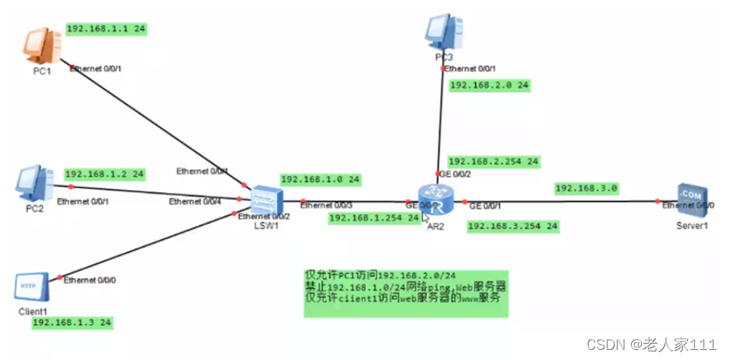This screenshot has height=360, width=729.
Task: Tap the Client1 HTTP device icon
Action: tap(30, 286)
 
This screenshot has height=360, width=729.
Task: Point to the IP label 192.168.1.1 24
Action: tap(106, 29)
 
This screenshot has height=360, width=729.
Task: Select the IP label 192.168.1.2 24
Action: tap(105, 174)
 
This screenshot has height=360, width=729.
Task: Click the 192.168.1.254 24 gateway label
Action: tap(375, 218)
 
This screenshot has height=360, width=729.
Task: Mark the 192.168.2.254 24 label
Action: tap(493, 161)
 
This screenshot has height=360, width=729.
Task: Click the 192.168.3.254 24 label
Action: tap(512, 226)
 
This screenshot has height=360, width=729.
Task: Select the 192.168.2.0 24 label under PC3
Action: tap(490, 85)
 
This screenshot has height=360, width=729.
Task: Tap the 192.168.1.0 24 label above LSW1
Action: tap(319, 179)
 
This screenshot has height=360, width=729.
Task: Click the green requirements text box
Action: tap(405, 292)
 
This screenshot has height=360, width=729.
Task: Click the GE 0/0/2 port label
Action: tap(456, 174)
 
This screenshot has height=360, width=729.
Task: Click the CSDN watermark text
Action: tap(651, 344)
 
